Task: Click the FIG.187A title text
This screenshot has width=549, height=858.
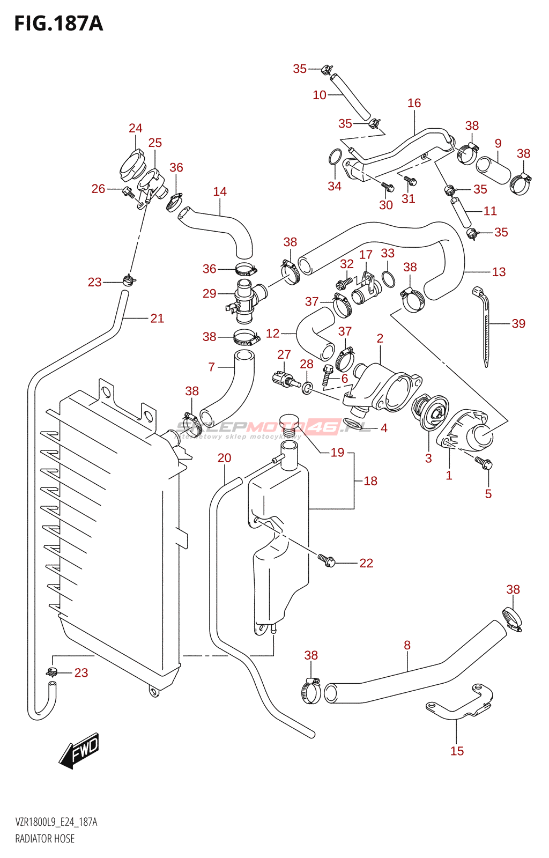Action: (58, 24)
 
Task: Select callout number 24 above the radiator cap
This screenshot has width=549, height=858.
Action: (136, 128)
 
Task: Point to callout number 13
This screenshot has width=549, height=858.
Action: (499, 272)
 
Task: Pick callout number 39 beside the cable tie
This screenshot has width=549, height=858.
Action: (518, 323)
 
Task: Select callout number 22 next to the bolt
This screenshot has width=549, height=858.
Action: (366, 563)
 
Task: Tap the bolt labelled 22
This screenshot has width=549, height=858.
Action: (327, 560)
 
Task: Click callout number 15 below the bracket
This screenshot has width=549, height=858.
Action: (457, 751)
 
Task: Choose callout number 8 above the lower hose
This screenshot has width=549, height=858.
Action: (407, 645)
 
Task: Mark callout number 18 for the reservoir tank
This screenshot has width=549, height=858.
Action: (370, 481)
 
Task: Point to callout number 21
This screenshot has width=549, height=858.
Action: (157, 319)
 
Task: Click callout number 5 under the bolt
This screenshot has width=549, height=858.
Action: (488, 493)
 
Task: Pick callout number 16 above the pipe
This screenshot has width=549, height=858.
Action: (414, 103)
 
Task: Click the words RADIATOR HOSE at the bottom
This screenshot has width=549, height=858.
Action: (45, 839)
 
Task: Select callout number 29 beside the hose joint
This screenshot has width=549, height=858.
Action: (210, 293)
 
